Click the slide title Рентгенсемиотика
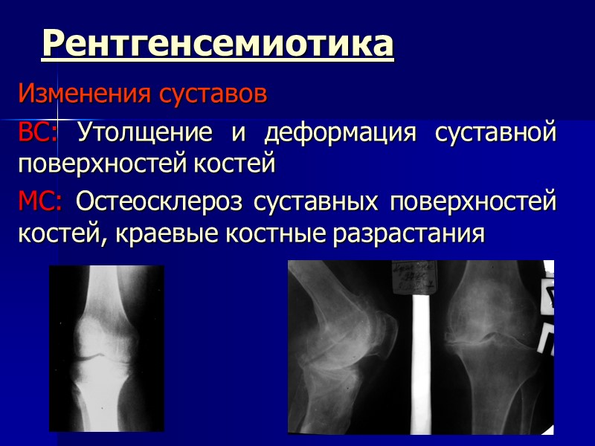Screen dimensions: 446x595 click(218, 44)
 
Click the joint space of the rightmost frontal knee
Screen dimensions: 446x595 click(491, 338)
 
